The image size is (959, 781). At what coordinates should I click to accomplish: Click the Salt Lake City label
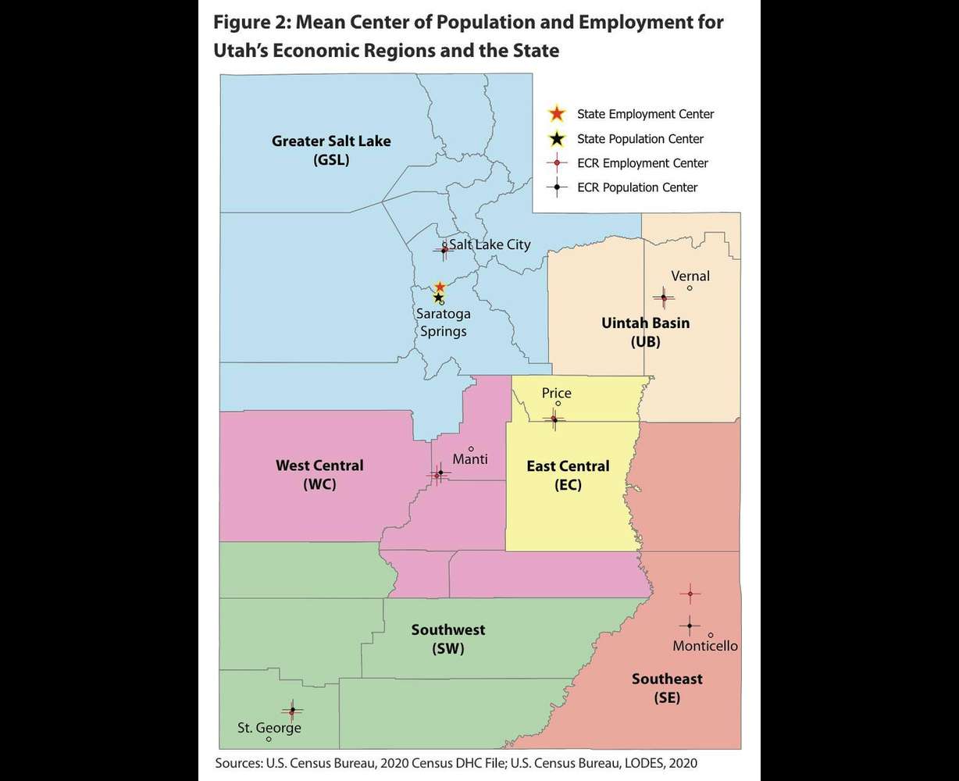[490, 244]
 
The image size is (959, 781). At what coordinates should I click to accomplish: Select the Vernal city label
[690, 276]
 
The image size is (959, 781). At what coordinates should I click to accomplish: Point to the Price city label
[556, 393]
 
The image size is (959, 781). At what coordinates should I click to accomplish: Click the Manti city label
[469, 458]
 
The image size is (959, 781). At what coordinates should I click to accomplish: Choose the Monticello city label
[704, 646]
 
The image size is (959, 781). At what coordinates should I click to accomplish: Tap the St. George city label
[269, 728]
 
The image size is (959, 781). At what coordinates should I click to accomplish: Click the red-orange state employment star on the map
[440, 287]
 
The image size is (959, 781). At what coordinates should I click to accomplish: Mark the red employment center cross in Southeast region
[690, 594]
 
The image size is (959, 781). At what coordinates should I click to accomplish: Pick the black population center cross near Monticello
[690, 625]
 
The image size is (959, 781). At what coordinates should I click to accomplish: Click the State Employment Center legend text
[645, 114]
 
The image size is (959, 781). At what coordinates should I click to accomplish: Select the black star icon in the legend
[556, 139]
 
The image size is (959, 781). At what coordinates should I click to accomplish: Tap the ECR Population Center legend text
[637, 187]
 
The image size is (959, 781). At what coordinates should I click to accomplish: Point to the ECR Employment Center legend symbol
[556, 163]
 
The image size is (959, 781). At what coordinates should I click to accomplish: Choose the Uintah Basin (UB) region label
[645, 332]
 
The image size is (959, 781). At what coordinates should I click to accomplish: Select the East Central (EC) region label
[568, 475]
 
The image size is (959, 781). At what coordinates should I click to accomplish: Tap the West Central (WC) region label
[319, 474]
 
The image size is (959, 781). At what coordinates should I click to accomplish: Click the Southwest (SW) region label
[448, 639]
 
